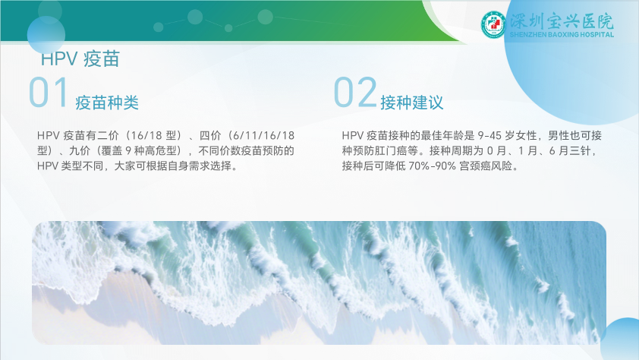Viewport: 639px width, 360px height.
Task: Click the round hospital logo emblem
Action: tap(493, 25)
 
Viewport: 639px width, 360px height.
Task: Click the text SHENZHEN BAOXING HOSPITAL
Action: tap(562, 35)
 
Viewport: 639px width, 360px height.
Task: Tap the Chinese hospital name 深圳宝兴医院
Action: tap(562, 21)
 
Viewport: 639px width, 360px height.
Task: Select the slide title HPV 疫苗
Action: tap(80, 59)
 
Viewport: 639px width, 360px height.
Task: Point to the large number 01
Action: tap(48, 93)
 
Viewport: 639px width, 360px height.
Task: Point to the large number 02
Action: tap(354, 93)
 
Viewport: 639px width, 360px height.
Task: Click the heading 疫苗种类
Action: tap(107, 103)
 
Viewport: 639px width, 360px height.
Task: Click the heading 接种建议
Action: tap(411, 103)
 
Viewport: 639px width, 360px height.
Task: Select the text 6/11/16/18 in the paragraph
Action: tap(263, 135)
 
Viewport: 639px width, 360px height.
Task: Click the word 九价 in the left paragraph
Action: tap(80, 151)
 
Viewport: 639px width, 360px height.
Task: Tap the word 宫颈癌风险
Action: tap(486, 166)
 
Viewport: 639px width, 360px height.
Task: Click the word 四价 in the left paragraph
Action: tap(210, 135)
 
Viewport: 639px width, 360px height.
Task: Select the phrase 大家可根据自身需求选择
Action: tap(173, 166)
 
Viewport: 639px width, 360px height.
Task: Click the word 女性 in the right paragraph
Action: tap(526, 135)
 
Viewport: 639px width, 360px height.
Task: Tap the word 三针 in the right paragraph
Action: tap(580, 151)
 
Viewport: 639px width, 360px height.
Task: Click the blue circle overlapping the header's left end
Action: tap(46, 35)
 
